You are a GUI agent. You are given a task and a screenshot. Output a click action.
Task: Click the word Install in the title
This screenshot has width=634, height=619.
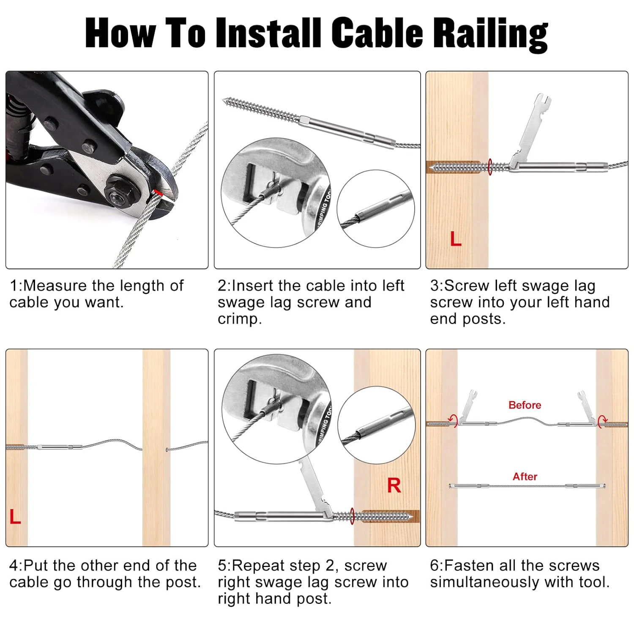point(269,33)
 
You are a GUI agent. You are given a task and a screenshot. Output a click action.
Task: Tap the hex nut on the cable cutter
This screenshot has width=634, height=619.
point(118,194)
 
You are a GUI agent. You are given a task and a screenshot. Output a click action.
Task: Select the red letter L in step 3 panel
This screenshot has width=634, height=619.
point(456,239)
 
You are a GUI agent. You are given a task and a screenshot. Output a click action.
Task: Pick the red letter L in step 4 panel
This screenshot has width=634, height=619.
point(15,517)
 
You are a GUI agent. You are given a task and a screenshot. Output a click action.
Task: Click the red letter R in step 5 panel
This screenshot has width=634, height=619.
point(394,485)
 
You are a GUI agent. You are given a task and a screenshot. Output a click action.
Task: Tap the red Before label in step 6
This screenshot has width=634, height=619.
point(525,405)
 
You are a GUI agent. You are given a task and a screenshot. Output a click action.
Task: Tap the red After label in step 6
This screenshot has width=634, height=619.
point(525,477)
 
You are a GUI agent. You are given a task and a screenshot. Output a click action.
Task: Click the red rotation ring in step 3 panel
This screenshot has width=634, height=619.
point(490,167)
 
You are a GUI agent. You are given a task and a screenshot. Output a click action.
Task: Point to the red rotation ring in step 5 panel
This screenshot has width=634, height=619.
point(352,516)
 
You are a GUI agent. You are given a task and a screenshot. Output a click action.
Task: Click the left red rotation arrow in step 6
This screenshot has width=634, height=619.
point(454,420)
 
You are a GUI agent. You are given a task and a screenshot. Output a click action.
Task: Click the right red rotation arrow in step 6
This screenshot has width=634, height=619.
point(603,420)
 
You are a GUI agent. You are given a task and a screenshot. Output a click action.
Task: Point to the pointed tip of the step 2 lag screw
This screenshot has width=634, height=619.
point(224,100)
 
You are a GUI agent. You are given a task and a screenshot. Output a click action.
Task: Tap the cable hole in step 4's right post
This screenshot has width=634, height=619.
point(167,449)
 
